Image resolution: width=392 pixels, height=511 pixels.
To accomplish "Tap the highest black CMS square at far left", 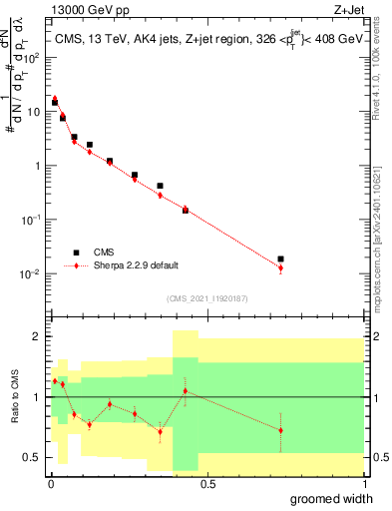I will (55, 102).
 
